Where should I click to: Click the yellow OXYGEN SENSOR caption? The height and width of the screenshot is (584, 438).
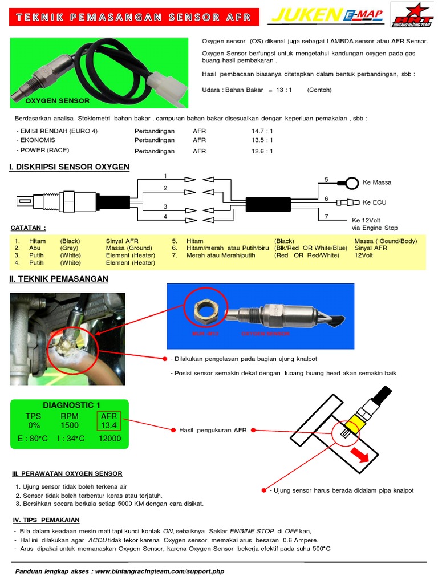[x=58, y=100]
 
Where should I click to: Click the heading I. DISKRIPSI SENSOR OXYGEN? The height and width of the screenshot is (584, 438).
[x=69, y=167]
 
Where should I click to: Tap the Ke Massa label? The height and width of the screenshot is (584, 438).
[x=377, y=182]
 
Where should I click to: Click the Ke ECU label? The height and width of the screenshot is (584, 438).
[x=375, y=202]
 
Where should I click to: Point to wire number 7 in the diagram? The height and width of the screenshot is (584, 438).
[x=326, y=217]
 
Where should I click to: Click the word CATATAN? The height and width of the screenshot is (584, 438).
[x=28, y=228]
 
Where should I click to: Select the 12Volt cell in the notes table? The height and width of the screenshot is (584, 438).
[x=362, y=255]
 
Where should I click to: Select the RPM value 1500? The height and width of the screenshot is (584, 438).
[x=70, y=425]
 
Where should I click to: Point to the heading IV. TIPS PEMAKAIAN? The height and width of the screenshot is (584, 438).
[x=46, y=520]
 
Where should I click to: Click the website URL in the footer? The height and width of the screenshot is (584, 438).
[x=160, y=571]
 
